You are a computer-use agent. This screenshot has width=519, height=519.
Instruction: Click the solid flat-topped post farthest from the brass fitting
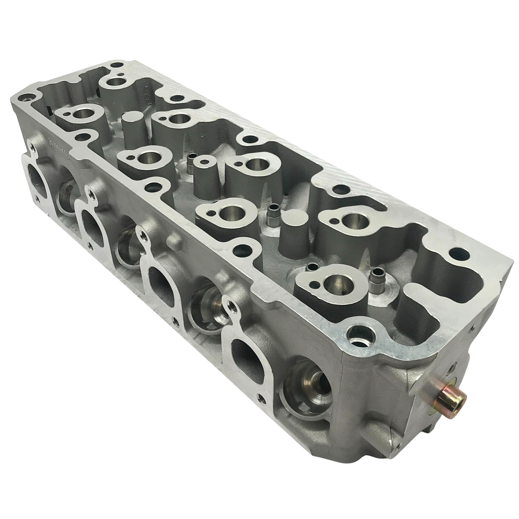[x=132, y=118]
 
